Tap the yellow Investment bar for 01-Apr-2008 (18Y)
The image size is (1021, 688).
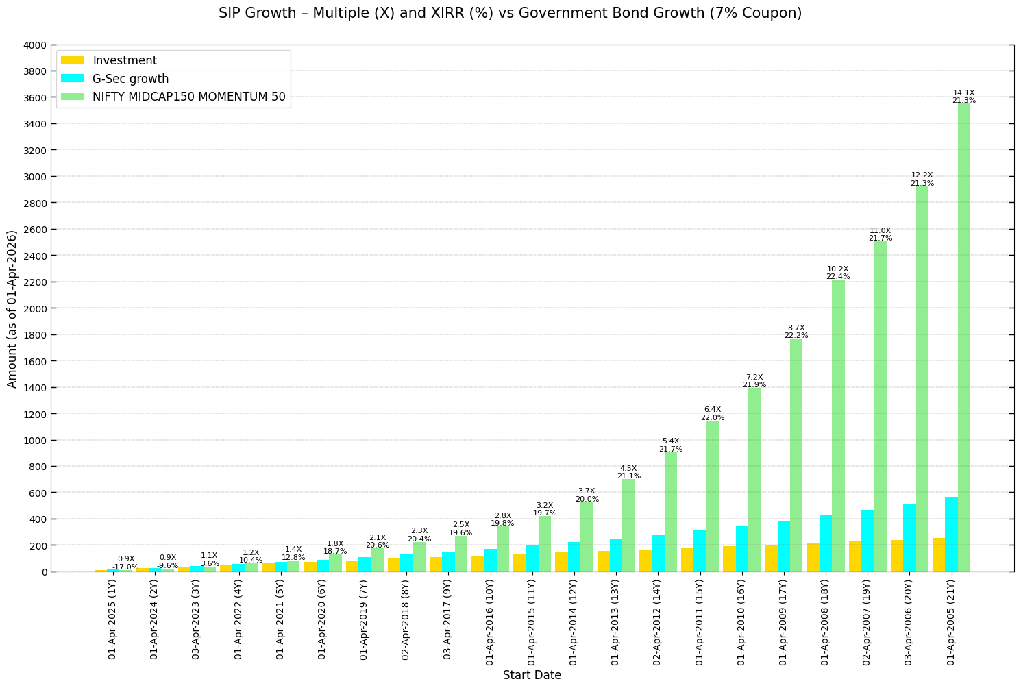(813, 557)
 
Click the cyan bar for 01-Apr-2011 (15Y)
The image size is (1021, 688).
(700, 551)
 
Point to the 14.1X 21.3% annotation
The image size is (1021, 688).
(963, 97)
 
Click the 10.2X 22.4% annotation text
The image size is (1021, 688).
(837, 273)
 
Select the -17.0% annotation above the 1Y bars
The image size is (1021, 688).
(125, 567)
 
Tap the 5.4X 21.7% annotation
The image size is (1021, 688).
(670, 445)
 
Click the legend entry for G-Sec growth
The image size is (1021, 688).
(130, 79)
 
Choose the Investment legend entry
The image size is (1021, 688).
(125, 60)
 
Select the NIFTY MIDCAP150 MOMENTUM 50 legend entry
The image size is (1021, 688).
(188, 97)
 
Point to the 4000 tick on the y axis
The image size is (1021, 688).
(35, 45)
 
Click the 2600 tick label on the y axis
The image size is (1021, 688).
(35, 230)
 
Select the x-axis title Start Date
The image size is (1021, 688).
(532, 675)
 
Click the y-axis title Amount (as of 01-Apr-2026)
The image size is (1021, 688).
(12, 308)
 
